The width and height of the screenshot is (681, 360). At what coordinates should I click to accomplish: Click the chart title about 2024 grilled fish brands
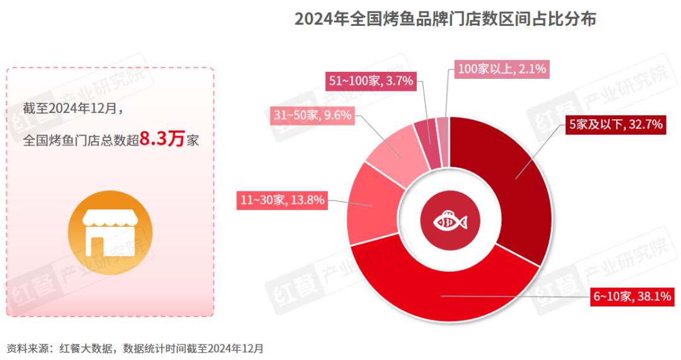tap(445, 19)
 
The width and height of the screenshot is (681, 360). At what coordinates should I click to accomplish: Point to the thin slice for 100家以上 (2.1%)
tap(443, 129)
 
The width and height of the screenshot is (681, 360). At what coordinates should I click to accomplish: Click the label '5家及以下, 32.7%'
tap(615, 125)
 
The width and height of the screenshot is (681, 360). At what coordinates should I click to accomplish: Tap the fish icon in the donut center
tap(450, 222)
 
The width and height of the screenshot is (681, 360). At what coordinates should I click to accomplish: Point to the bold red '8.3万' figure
tap(162, 139)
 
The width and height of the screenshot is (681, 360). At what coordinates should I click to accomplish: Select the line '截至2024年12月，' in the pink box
tap(73, 108)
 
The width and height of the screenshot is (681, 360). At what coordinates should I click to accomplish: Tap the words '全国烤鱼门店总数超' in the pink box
tap(81, 141)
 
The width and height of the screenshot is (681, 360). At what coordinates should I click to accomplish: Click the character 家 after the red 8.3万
tap(193, 141)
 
